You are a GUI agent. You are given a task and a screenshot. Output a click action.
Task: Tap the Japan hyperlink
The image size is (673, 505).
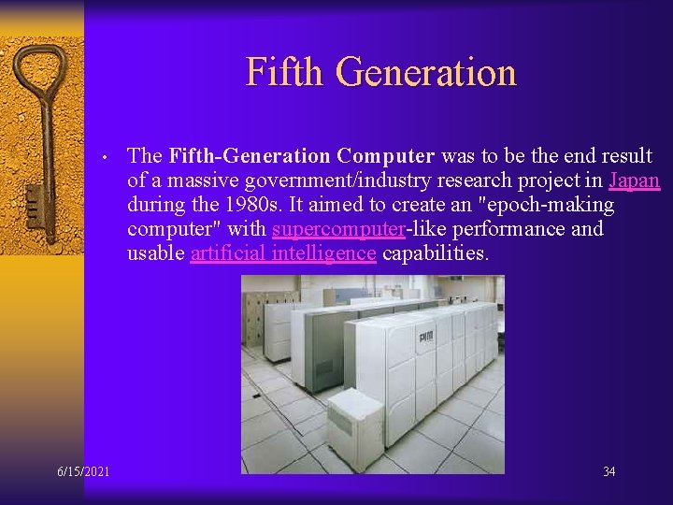tap(634, 180)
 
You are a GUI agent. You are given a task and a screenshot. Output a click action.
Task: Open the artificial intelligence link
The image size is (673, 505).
tap(282, 252)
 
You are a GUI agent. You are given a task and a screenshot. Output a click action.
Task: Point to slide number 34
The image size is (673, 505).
tap(609, 471)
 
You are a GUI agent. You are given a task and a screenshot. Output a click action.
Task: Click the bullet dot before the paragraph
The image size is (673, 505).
tap(108, 157)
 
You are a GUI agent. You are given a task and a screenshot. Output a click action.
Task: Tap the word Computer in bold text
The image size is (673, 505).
tap(386, 155)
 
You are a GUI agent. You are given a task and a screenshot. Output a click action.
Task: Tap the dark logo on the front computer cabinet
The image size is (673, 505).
tap(425, 335)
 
